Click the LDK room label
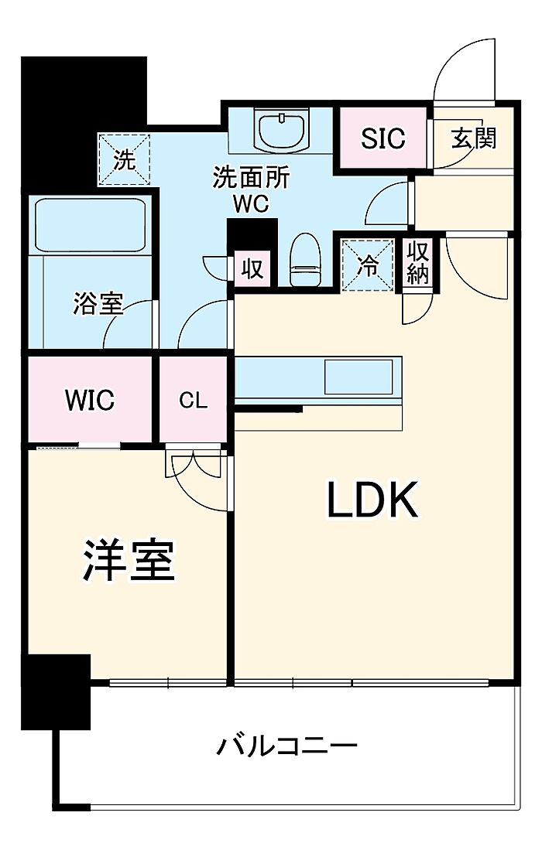point(372,500)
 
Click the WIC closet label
point(90,401)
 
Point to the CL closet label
point(194,401)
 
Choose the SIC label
point(382,138)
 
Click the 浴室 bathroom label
point(98,304)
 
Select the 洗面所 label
point(252,179)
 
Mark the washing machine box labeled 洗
point(124,159)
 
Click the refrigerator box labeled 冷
point(368,266)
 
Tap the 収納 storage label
point(418,264)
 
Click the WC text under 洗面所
point(252,204)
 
